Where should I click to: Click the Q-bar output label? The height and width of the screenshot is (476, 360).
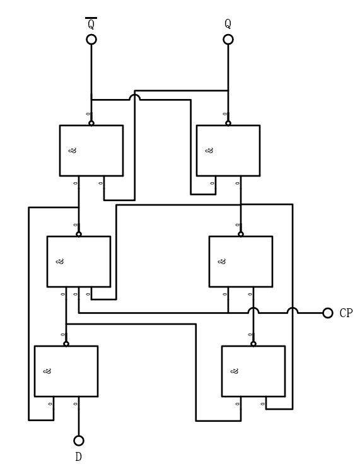coord(91,24)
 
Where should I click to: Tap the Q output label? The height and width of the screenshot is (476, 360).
coord(228,24)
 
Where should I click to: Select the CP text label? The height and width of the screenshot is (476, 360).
coord(346,313)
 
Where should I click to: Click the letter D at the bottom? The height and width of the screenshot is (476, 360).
coord(78,457)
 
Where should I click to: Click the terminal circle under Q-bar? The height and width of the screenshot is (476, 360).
coord(91,40)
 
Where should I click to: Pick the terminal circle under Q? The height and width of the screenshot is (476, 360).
coord(228,40)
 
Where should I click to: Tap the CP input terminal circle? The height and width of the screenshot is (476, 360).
coord(327,313)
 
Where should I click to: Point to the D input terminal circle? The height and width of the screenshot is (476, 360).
coord(78,441)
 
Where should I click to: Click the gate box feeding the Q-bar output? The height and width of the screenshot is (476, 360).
coord(91,150)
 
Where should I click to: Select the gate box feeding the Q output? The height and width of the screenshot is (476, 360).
coord(228,150)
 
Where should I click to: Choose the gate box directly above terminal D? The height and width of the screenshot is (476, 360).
coord(66,371)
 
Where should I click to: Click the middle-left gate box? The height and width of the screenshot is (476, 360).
coord(78,261)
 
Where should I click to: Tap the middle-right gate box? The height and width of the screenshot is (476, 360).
coord(240,261)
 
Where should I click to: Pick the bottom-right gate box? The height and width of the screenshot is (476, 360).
coord(253,371)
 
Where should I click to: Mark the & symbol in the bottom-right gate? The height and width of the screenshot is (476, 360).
coord(235,371)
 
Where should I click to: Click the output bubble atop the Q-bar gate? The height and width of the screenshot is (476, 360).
coord(91,123)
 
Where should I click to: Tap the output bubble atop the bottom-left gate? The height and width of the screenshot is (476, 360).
coord(66,344)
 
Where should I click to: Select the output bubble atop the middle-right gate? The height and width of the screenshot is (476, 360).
coord(240,234)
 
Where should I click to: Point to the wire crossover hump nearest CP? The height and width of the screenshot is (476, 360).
coord(292,310)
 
